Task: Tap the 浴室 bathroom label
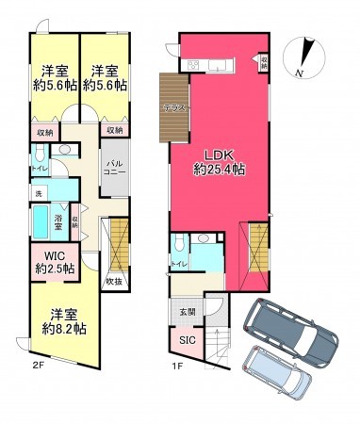coord(58,222)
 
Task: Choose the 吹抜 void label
coord(114,281)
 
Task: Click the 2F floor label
coord(39,366)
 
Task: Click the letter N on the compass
coord(299,72)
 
